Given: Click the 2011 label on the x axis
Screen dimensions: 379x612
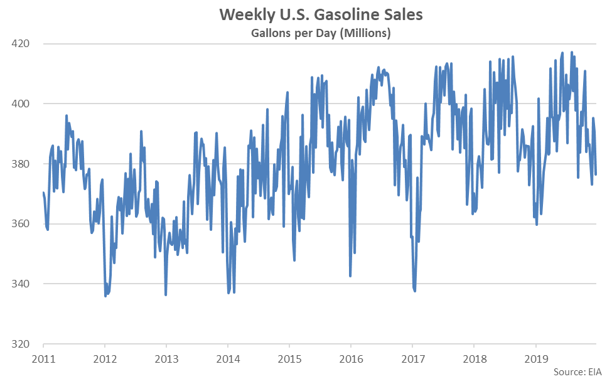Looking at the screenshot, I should pos(43,360).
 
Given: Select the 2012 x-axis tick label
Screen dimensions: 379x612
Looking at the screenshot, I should pos(105,360).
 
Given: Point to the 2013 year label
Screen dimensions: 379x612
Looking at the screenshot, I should pos(166,360).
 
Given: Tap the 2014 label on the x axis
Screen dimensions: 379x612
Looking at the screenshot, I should pos(228,360).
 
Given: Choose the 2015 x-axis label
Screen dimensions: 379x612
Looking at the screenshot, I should pos(289,360).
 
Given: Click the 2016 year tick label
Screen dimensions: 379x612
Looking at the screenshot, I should pos(351,360).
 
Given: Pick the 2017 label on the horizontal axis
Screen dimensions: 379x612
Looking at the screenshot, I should pos(412,360).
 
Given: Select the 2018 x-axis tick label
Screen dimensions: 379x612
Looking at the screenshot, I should pos(474,360).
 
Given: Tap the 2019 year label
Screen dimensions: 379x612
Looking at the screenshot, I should pos(535,360).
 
